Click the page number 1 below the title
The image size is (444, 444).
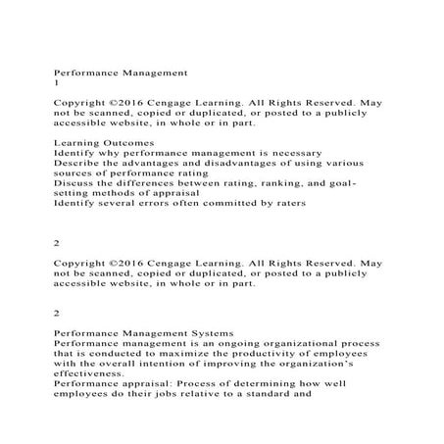[55, 83]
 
